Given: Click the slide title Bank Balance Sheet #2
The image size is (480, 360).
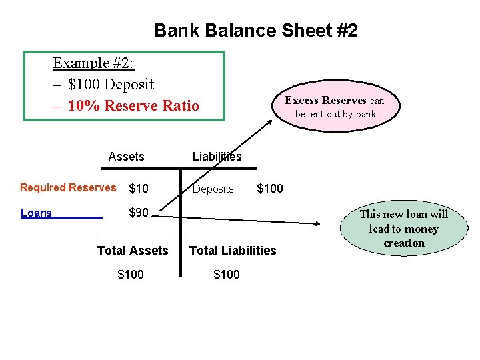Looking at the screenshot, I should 256,31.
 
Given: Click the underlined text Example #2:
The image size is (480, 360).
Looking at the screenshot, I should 93,63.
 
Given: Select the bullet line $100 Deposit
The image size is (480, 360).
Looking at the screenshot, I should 111,85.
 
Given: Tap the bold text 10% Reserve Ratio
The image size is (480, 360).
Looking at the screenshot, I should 133,106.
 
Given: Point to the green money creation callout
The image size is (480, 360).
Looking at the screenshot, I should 403,229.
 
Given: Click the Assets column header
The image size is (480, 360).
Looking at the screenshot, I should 126,157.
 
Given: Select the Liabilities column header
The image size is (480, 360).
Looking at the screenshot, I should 217,157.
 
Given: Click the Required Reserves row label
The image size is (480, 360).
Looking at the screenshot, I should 68,188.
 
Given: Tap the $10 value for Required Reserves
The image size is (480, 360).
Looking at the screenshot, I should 139,189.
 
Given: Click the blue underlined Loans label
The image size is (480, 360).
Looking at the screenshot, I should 37,213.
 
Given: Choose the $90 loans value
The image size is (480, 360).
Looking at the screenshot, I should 139,213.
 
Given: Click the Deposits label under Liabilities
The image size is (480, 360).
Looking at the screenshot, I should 213,189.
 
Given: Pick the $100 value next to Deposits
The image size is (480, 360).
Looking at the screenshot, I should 270,189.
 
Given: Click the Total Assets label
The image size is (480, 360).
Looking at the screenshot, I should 133,251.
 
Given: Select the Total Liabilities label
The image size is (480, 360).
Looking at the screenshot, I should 233,251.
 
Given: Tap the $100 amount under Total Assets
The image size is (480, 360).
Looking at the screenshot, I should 131,275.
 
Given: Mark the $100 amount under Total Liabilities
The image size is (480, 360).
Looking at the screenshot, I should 227,275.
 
